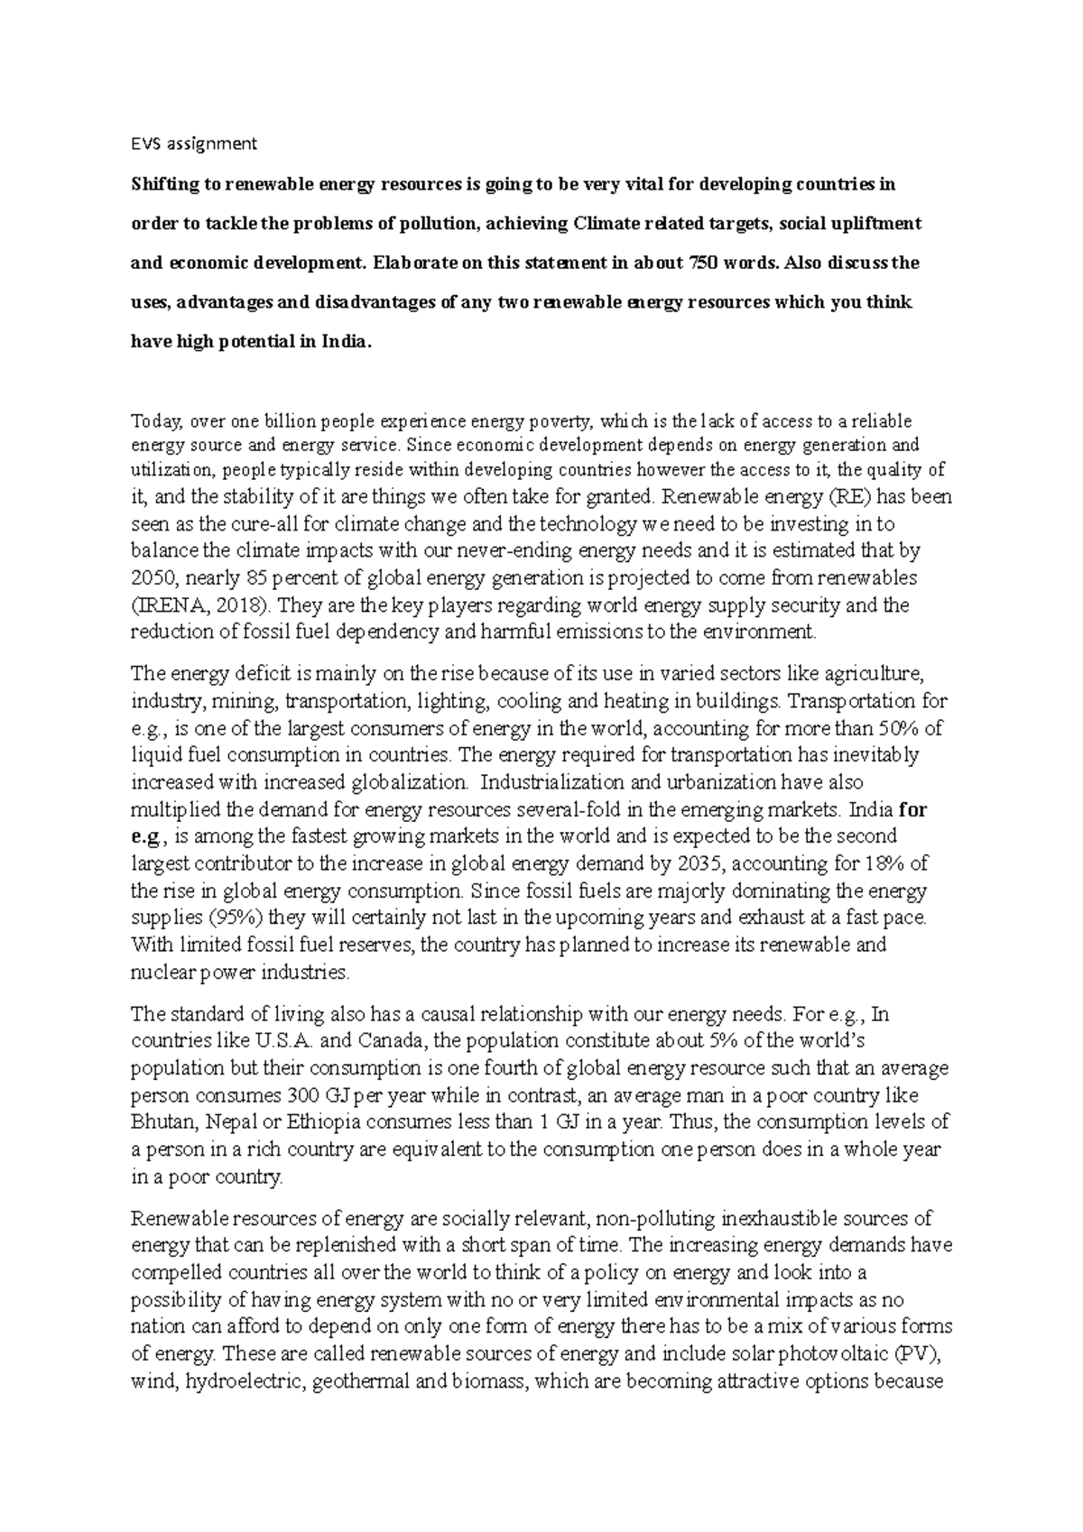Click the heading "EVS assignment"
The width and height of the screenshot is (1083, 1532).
point(194,143)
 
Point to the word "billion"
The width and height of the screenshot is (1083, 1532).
point(291,421)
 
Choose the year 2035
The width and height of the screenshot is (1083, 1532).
point(699,863)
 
